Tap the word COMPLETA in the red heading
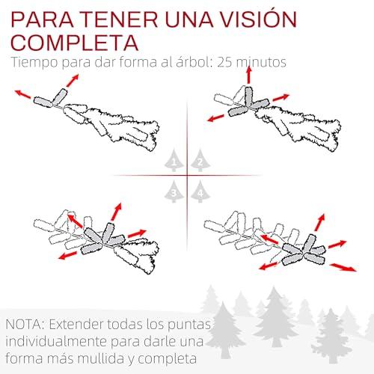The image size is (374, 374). pos(75,43)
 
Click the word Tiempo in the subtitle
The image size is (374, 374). pos(34,62)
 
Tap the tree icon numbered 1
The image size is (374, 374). pos(174,160)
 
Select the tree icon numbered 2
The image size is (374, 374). pos(200,160)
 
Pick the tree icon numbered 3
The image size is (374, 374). pos(174,191)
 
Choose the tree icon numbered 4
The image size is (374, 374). pos(200,191)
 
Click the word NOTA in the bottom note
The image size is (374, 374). pos(25,325)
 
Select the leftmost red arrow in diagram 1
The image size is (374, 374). pos(22,93)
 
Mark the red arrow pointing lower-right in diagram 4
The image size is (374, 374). pos(343,267)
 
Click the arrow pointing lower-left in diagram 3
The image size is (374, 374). pos(67,255)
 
